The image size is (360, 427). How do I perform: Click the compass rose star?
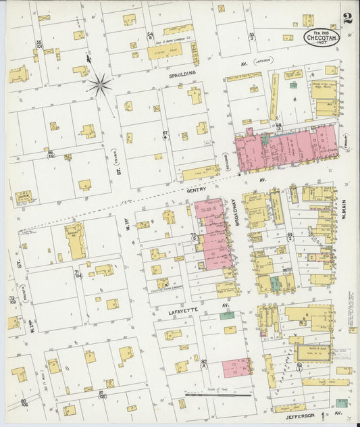tap(100, 84)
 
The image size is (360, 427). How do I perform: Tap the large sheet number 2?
tap(346, 18)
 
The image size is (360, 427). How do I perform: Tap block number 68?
tap(278, 126)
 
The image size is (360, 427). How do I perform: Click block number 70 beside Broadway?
tap(194, 236)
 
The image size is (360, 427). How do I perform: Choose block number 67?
tap(165, 134)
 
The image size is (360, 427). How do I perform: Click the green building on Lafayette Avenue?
tap(227, 315)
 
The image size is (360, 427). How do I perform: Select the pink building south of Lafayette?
tap(236, 368)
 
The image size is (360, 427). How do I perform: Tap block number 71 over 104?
tap(78, 274)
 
